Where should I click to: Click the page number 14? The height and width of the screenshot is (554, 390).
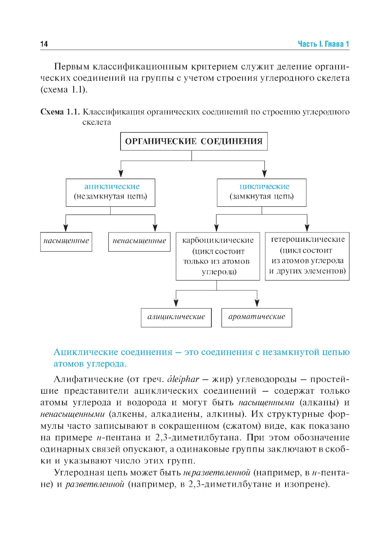point(44,44)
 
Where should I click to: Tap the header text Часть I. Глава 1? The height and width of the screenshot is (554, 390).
point(323,44)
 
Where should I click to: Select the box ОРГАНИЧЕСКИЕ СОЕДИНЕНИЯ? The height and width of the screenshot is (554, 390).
point(194,141)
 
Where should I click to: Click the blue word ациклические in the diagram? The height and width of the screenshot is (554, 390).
point(112,186)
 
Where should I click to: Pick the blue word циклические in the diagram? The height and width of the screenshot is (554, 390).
point(264,186)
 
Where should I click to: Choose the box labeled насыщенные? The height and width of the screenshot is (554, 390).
point(66,241)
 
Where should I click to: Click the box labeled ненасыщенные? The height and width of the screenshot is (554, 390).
point(139,241)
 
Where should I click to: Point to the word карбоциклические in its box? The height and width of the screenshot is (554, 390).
point(218,240)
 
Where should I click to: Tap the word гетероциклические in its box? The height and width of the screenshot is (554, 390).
point(308,239)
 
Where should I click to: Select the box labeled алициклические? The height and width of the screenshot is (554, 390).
point(176,317)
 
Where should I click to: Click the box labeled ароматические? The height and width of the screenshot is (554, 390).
point(257,317)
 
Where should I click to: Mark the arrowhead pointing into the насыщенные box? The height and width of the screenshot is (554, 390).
point(66,228)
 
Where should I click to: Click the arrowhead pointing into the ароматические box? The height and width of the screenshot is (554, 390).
point(257,303)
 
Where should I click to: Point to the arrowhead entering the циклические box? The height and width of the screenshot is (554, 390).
point(264,174)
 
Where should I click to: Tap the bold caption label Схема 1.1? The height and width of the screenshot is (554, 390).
point(60,112)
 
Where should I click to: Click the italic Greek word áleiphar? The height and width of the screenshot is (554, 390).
point(183,379)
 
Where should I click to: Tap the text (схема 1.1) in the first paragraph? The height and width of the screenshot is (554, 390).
point(64,89)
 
